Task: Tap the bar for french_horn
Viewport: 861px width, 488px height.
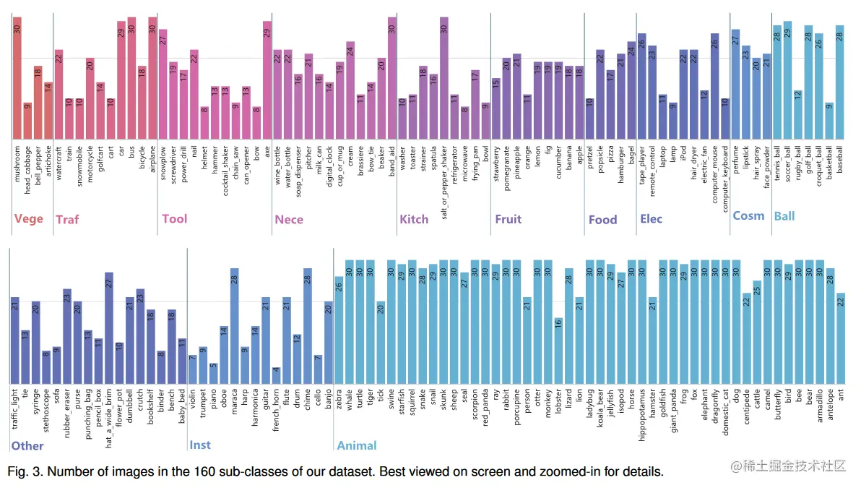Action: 276,376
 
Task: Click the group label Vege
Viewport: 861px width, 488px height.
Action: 29,218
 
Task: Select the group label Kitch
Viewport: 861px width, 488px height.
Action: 414,219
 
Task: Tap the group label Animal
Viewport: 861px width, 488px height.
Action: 357,445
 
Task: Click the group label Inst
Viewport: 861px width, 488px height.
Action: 200,444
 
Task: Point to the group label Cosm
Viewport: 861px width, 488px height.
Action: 748,215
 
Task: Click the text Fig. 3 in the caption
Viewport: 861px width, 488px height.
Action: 25,472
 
